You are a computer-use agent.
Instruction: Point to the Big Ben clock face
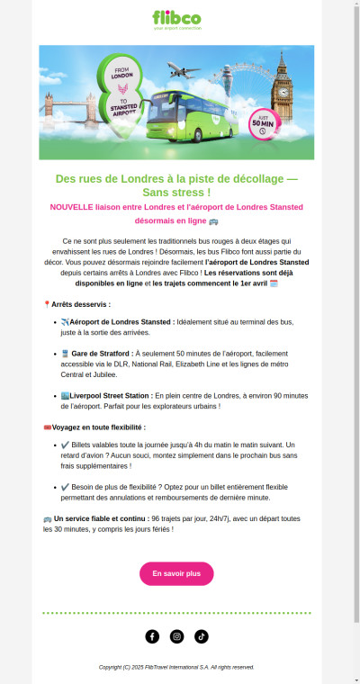point(285,90)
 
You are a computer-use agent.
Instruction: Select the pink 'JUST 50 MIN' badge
point(264,124)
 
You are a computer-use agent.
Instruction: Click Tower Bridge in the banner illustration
point(65,109)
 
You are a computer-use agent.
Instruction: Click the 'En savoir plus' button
point(176,573)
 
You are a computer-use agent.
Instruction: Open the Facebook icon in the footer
point(152,636)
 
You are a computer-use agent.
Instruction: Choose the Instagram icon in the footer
point(176,636)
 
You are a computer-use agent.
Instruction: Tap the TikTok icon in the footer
point(201,636)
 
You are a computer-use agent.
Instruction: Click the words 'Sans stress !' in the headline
point(176,192)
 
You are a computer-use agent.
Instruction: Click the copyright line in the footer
point(176,667)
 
